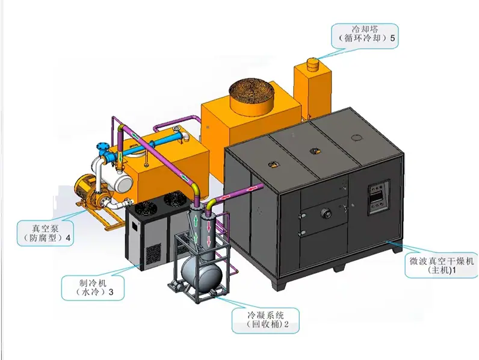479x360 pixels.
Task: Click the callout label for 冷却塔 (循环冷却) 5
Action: point(365,36)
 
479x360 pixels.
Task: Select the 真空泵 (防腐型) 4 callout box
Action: point(45,233)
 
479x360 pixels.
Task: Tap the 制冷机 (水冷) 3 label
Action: point(93,288)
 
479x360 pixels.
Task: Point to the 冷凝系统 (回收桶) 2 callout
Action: point(265,320)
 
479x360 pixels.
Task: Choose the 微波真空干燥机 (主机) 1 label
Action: point(442,265)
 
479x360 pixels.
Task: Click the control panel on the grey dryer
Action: point(379,197)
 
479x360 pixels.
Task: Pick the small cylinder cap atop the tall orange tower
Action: point(312,64)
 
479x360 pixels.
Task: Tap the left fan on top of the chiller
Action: point(146,208)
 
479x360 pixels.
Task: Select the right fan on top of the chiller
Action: point(174,199)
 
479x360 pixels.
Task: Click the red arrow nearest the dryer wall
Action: point(252,190)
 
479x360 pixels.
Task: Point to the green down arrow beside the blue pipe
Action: point(121,157)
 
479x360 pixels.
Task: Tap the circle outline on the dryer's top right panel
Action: point(356,137)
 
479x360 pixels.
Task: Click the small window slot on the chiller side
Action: point(135,225)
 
